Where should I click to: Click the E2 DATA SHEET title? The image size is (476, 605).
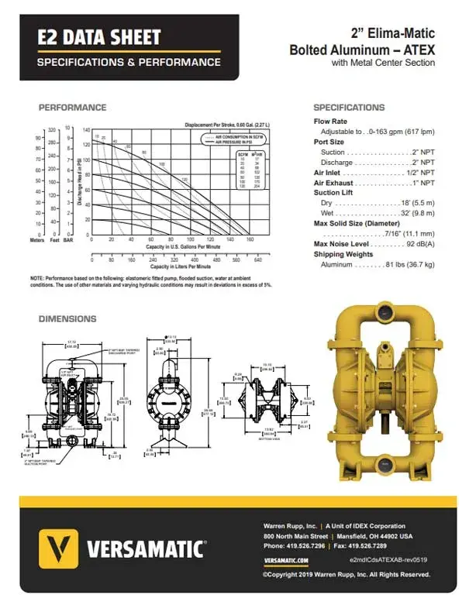click(100, 36)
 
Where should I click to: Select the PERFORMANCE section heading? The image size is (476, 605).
click(72, 107)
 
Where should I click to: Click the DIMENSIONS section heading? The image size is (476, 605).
click(67, 318)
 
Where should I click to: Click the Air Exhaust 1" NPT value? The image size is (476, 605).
click(423, 182)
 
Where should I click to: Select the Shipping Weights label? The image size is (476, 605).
click(343, 254)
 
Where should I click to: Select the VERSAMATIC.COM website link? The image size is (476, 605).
click(286, 560)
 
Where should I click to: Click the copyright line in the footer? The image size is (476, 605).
click(346, 574)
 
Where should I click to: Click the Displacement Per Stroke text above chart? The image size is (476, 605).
click(226, 125)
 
